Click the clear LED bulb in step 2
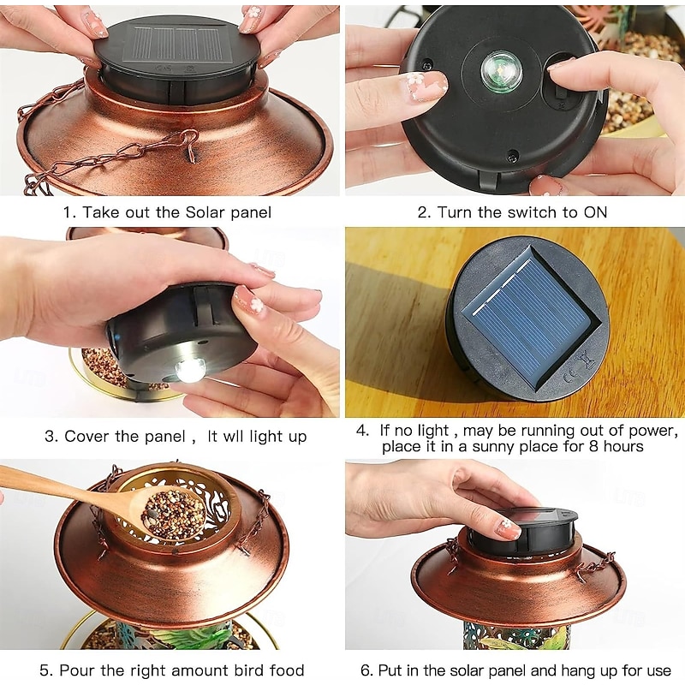click(501, 70)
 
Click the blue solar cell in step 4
click(527, 316)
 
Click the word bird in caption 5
click(237, 670)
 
